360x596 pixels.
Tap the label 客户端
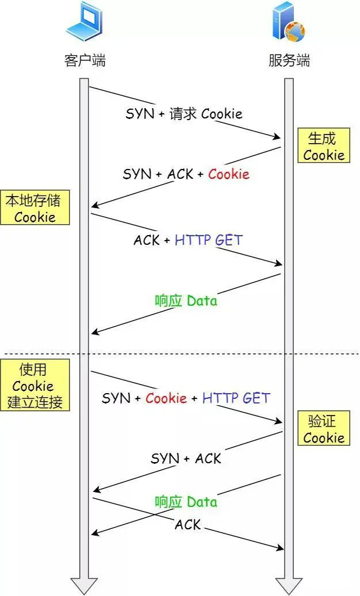pyautogui.click(x=85, y=60)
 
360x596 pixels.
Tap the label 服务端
pyautogui.click(x=289, y=60)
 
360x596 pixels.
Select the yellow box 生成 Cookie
pyautogui.click(x=323, y=147)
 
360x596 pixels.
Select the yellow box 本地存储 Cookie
pyautogui.click(x=35, y=208)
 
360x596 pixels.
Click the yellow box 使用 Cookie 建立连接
pyautogui.click(x=35, y=386)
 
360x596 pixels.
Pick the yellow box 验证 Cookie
pyautogui.click(x=323, y=429)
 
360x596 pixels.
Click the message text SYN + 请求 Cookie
pyautogui.click(x=184, y=113)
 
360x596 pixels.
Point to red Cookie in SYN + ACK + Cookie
pyautogui.click(x=228, y=174)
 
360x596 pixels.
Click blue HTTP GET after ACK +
pyautogui.click(x=209, y=240)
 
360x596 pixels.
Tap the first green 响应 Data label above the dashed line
pyautogui.click(x=186, y=301)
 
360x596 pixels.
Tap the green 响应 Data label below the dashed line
pyautogui.click(x=186, y=502)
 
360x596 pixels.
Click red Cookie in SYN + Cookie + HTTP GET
pyautogui.click(x=166, y=398)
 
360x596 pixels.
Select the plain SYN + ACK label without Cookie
pyautogui.click(x=186, y=458)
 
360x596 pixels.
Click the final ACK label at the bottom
pyautogui.click(x=187, y=524)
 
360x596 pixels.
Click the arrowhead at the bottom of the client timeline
pyautogui.click(x=84, y=586)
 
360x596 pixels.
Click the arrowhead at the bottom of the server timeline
pyautogui.click(x=289, y=586)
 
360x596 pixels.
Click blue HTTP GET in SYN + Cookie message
pyautogui.click(x=236, y=398)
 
